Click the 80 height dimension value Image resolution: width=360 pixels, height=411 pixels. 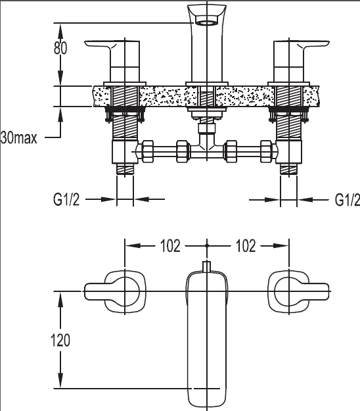[x=60, y=48]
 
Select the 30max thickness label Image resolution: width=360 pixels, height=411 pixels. [x=19, y=138]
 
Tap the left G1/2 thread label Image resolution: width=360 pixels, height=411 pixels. [x=66, y=200]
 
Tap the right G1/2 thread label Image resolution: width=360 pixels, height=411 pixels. [x=347, y=200]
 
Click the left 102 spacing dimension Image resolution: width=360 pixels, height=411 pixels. [x=170, y=246]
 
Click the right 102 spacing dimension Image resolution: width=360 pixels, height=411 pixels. [x=246, y=246]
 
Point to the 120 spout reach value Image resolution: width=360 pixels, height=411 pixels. [x=60, y=340]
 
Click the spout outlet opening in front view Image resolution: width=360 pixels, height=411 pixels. [x=207, y=22]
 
